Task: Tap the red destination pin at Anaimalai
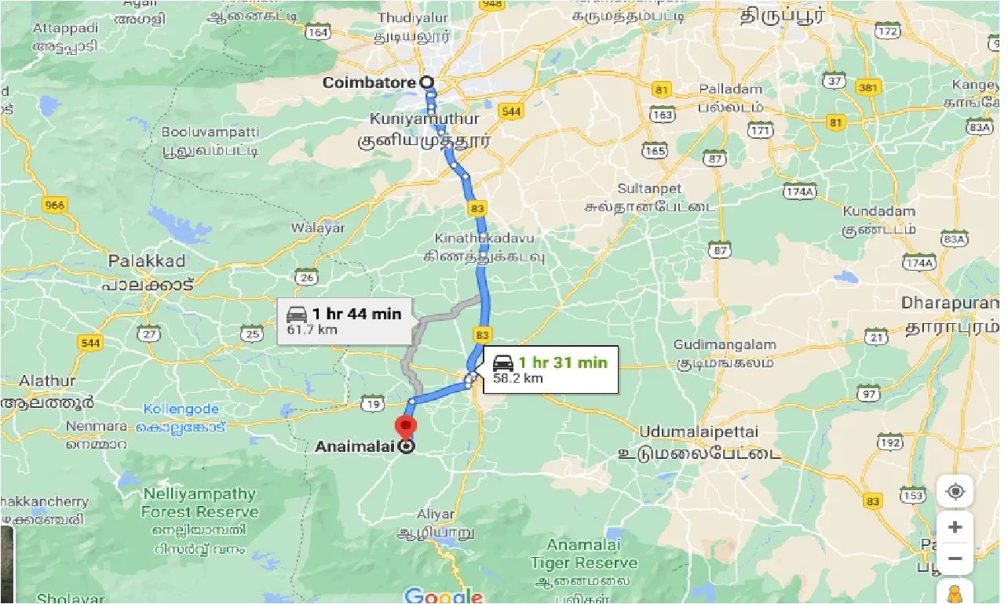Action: [406, 429]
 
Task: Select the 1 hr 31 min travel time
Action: [563, 362]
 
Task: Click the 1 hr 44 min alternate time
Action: [357, 314]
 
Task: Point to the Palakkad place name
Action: [147, 260]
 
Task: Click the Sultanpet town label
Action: [649, 189]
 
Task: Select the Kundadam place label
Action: [879, 211]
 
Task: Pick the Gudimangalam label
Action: [725, 344]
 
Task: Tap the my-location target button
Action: [955, 492]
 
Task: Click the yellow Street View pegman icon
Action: [955, 593]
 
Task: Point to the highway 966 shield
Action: [56, 206]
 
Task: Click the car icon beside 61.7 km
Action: [297, 315]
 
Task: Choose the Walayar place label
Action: [318, 228]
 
